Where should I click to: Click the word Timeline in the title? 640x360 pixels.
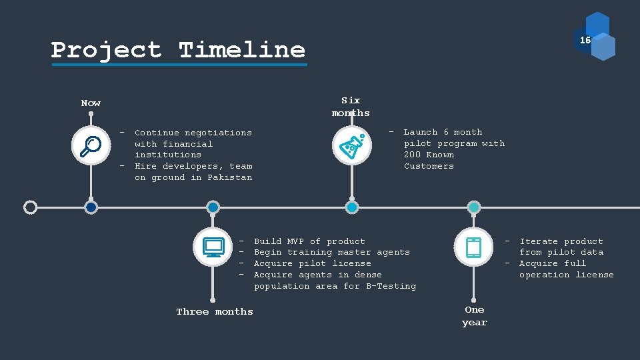[242, 50]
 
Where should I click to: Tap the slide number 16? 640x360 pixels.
[585, 40]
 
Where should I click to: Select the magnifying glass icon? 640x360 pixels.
[91, 145]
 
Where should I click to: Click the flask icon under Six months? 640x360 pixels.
[352, 145]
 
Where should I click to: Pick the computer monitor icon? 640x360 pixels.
[213, 247]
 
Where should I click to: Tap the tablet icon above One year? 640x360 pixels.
[473, 247]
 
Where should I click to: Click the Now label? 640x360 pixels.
[91, 103]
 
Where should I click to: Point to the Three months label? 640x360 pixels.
[215, 311]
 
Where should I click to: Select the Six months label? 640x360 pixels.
[351, 107]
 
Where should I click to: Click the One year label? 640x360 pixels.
[475, 316]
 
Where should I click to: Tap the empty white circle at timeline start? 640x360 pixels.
[30, 207]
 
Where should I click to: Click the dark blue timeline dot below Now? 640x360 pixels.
[91, 207]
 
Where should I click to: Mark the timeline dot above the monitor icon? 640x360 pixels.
[213, 207]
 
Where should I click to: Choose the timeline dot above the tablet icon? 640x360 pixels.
[473, 207]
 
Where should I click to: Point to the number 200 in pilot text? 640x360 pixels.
[412, 155]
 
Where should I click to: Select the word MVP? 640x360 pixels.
[295, 241]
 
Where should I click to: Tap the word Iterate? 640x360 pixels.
[539, 241]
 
